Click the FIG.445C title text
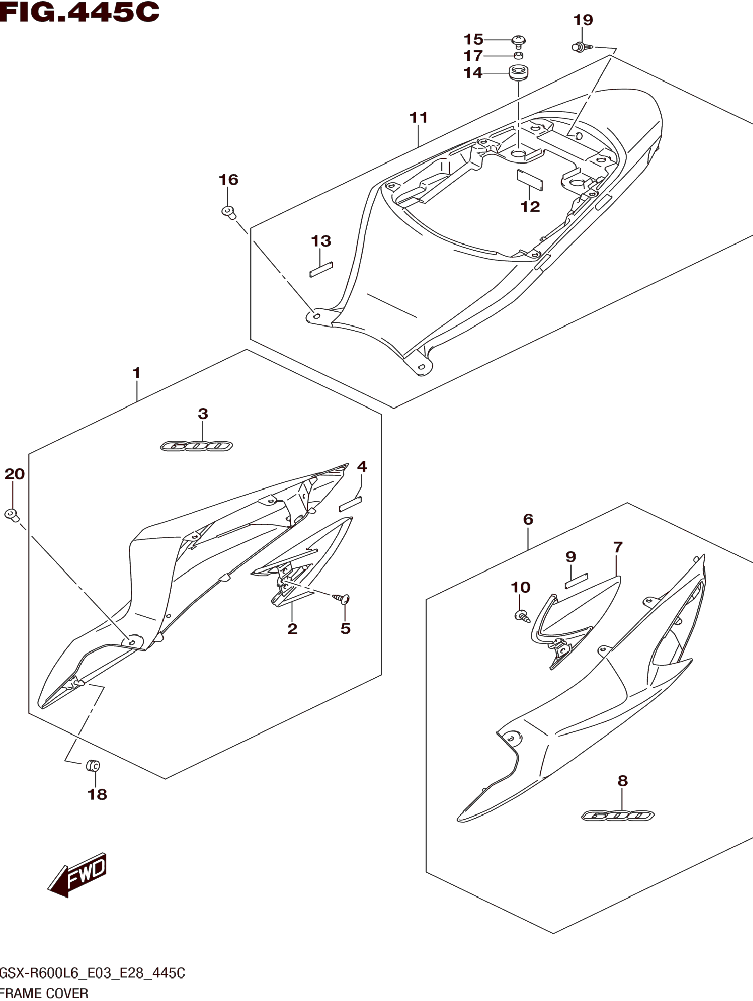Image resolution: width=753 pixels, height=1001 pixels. coord(80,12)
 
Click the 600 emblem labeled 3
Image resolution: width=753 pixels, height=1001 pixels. coord(196,446)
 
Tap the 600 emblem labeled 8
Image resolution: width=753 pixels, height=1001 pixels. coord(618,815)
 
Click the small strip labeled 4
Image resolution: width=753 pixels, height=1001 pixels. coord(350,504)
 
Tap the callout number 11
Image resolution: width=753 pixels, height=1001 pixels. coord(419,118)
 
